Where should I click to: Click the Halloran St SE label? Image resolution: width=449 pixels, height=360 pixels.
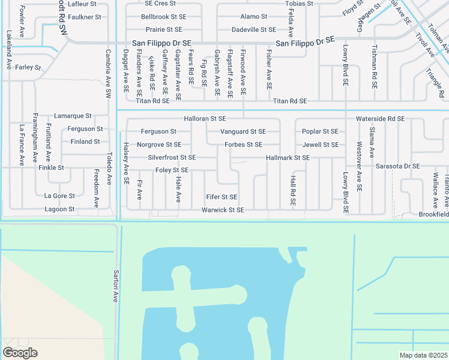point(205,119)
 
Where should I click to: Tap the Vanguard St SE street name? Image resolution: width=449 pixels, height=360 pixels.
point(243,131)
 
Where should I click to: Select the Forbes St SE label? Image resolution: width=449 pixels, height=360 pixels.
point(243,145)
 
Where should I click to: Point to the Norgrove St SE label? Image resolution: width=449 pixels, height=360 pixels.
point(159,145)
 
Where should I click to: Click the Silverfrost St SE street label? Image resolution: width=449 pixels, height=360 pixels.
point(172,158)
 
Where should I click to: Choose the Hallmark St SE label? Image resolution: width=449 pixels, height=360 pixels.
point(288,158)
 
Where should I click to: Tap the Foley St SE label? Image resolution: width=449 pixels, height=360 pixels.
point(172,170)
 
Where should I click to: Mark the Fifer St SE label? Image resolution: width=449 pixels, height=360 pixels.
point(221,197)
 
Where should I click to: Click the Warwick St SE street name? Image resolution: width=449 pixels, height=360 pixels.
point(223,210)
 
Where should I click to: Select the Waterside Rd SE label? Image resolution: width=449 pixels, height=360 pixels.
point(380,119)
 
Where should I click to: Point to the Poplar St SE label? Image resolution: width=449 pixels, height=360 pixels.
point(320,131)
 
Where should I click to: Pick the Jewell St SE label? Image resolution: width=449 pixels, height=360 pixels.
point(320,145)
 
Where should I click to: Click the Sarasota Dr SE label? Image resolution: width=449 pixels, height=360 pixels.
point(398,166)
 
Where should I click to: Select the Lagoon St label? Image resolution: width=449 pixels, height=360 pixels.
point(59,209)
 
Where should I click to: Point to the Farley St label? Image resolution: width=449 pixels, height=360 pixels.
point(28,67)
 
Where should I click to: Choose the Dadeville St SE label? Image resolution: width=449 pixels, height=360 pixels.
point(254,29)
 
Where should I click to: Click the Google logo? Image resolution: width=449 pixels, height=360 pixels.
point(20,352)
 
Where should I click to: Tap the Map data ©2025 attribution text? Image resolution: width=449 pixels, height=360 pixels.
point(423,355)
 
